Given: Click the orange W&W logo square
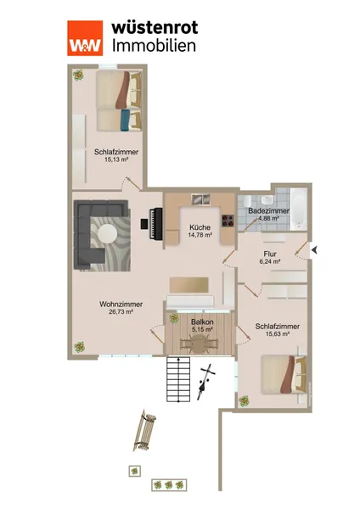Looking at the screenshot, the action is (85, 38).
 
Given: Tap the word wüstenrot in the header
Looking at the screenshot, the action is (155, 27).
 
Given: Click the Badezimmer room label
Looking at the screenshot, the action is (268, 211).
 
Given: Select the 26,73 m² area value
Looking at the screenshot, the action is (121, 312).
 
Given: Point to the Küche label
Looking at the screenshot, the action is (200, 227).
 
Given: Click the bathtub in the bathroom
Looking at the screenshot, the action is (299, 209).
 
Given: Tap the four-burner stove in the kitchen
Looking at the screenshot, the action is (228, 221).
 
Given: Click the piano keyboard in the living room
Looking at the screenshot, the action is (155, 224).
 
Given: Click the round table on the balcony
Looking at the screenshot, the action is (200, 344).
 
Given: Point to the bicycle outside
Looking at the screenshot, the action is (205, 382).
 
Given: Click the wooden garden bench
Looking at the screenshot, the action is (145, 430).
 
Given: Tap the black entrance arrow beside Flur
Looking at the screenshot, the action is (314, 250).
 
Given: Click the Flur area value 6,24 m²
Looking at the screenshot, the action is (270, 261).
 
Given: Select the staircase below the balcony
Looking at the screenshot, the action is (178, 379).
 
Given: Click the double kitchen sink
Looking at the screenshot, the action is (200, 199).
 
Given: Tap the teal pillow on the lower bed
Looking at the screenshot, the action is (126, 120).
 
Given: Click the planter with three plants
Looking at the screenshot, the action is (169, 484).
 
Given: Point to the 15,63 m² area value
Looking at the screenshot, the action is (278, 334).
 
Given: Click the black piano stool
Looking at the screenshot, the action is (144, 224).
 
